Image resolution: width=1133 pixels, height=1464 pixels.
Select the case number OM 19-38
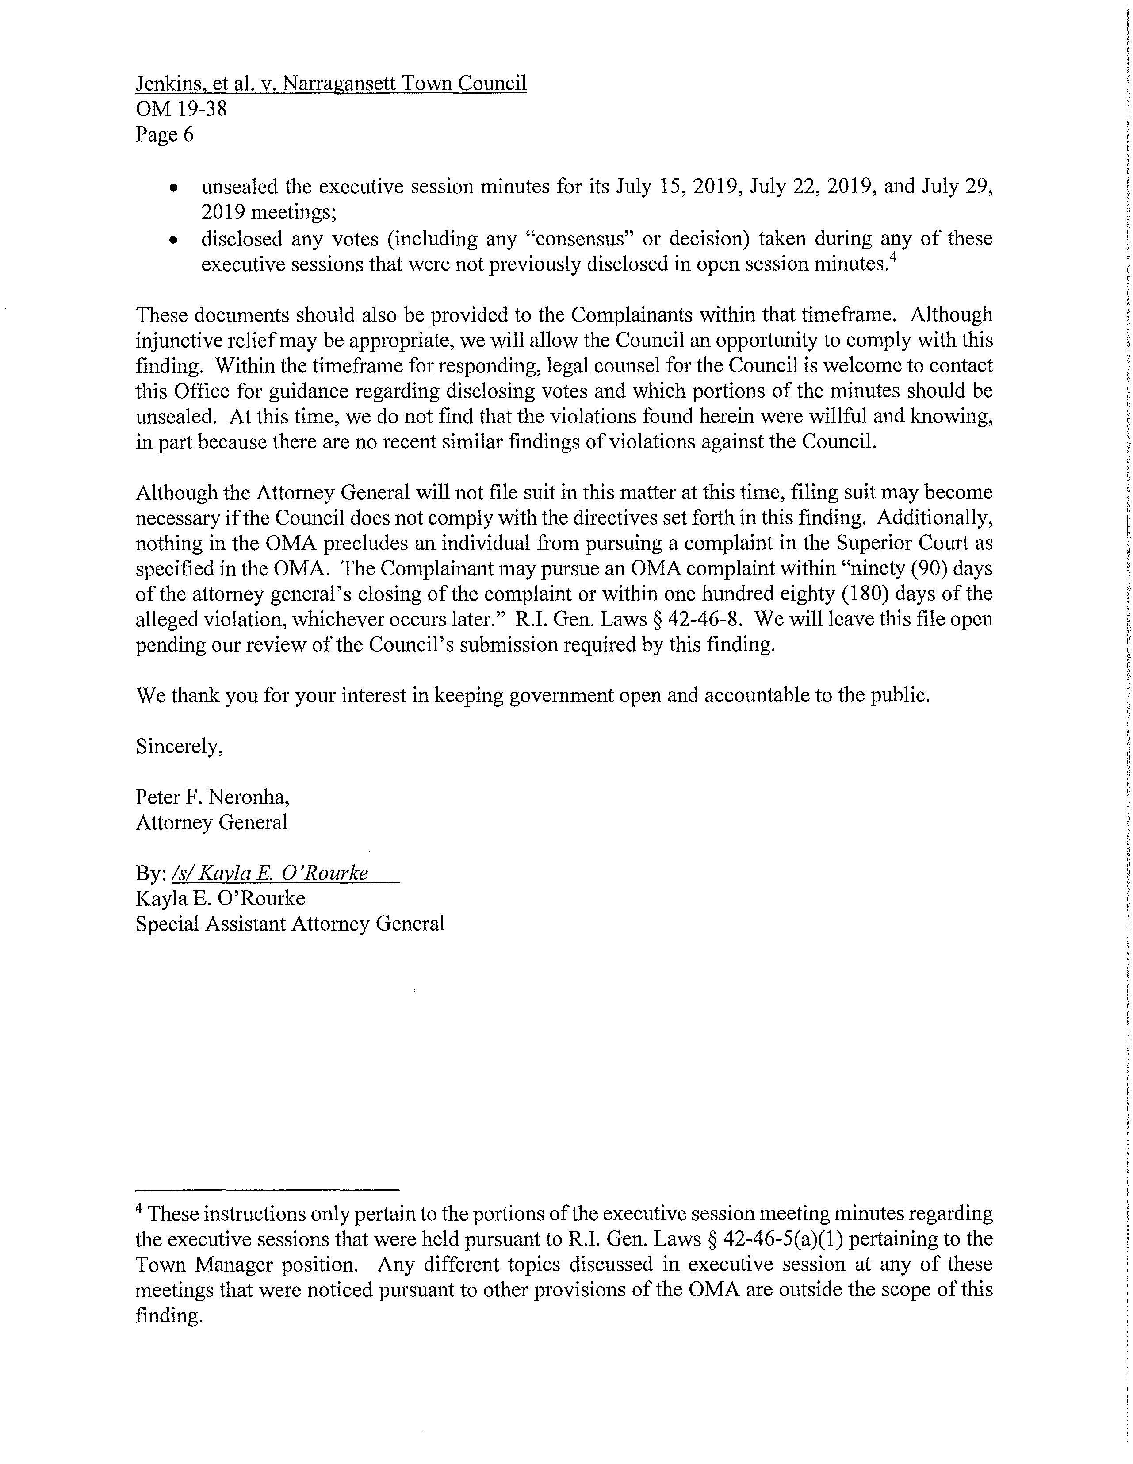181,109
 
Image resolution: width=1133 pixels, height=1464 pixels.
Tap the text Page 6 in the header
164,135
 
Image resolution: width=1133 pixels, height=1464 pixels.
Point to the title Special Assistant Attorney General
290,924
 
